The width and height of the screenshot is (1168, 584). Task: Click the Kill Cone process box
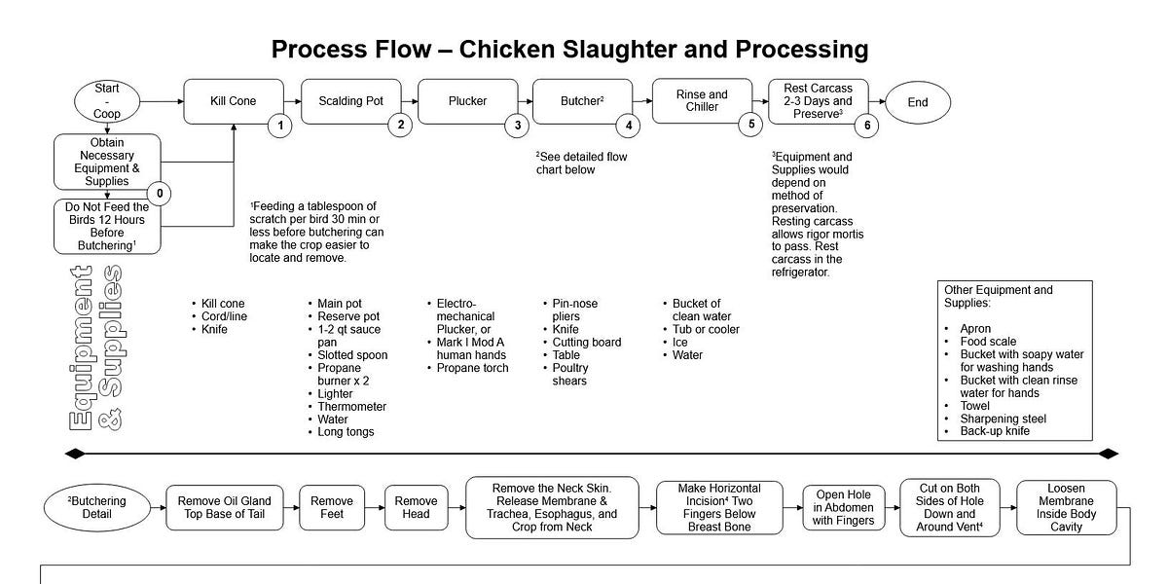coord(234,101)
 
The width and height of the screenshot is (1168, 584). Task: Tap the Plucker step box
coord(466,101)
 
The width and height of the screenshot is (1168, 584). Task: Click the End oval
coord(918,101)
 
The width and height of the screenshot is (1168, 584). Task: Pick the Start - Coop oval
coord(107,101)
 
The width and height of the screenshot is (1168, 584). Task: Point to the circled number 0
coord(160,194)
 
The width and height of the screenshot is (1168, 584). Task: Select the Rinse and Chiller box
coord(701,100)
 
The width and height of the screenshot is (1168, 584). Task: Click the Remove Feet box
coord(332,507)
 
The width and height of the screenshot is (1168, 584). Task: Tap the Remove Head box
coord(416,507)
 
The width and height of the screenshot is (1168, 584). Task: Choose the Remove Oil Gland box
coord(224,507)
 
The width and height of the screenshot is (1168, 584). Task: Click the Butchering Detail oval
coord(98,507)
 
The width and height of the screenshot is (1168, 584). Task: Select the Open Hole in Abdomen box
coord(844,507)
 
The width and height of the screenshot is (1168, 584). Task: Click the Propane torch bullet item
coord(472,368)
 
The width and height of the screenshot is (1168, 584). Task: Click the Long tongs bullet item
coord(346,431)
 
